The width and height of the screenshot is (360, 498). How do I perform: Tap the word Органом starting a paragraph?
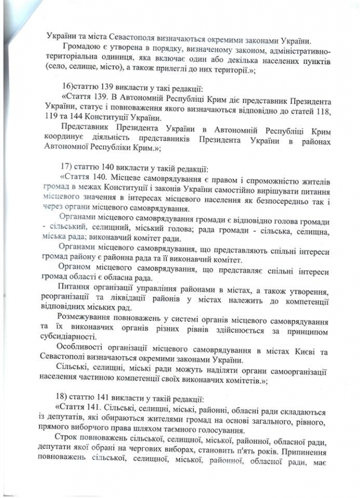[x=85, y=267]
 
